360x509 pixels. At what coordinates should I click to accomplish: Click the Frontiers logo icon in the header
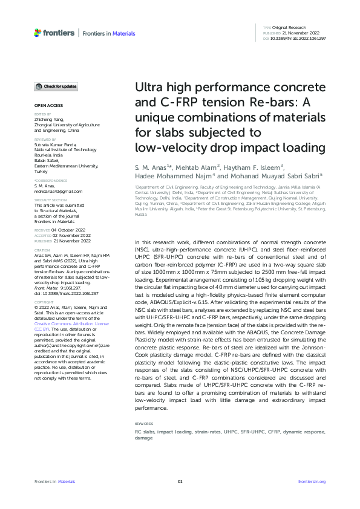(x=38, y=32)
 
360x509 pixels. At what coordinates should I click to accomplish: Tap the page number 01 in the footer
(x=180, y=481)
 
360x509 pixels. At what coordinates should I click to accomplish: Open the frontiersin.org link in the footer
(x=312, y=481)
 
